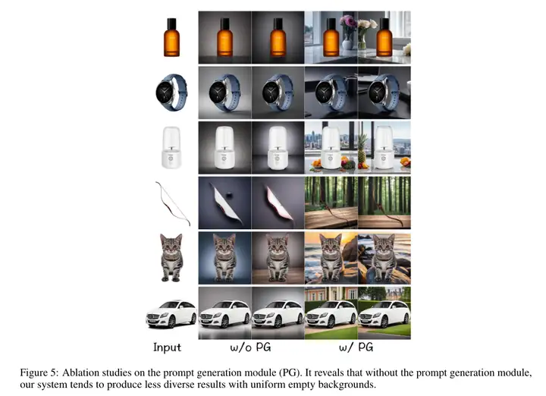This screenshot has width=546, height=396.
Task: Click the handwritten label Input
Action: pyautogui.click(x=167, y=347)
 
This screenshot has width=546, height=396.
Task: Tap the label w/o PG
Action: pyautogui.click(x=250, y=347)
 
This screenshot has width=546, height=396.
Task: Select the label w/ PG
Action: pyautogui.click(x=356, y=347)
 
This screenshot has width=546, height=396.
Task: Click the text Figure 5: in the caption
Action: pyautogui.click(x=39, y=373)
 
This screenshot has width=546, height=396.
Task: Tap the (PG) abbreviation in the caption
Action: pyautogui.click(x=290, y=373)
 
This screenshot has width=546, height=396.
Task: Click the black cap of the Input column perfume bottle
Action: pyautogui.click(x=171, y=24)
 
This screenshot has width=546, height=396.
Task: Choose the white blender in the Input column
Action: pyautogui.click(x=171, y=147)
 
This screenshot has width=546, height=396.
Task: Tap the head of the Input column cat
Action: pyautogui.click(x=171, y=245)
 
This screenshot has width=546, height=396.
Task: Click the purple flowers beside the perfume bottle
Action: pyautogui.click(x=347, y=23)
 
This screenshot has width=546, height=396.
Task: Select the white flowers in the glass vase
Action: pyautogui.click(x=367, y=26)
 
